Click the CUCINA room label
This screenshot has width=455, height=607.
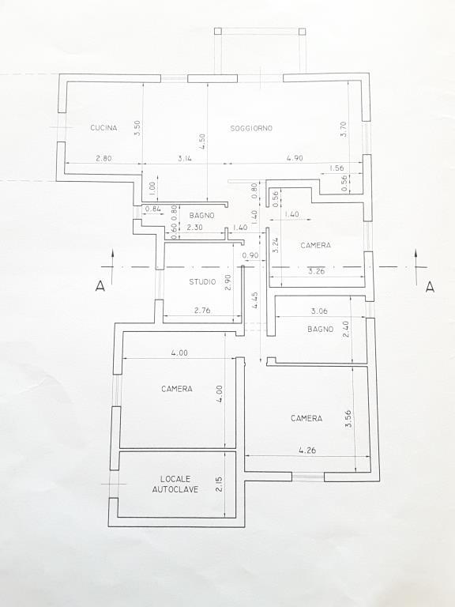(x=103, y=128)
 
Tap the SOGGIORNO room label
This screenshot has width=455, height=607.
(x=251, y=128)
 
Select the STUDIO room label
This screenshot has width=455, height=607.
(x=202, y=282)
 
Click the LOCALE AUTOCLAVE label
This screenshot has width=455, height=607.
(x=175, y=484)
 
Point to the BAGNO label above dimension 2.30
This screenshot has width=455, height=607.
(x=191, y=215)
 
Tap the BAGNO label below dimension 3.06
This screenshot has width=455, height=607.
(x=321, y=329)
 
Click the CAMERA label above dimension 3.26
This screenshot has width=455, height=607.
(x=315, y=246)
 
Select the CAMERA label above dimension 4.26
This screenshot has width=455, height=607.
(x=306, y=418)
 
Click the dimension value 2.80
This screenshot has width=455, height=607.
(x=103, y=159)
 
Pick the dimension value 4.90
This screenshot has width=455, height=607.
(x=294, y=159)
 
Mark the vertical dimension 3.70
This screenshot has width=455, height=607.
(x=344, y=129)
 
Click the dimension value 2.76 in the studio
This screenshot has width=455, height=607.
(x=203, y=311)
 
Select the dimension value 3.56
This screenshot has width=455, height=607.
(x=348, y=418)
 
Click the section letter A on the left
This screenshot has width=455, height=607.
(x=100, y=287)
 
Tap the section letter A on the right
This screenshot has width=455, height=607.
(x=430, y=287)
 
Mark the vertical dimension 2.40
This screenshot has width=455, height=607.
(x=345, y=329)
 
